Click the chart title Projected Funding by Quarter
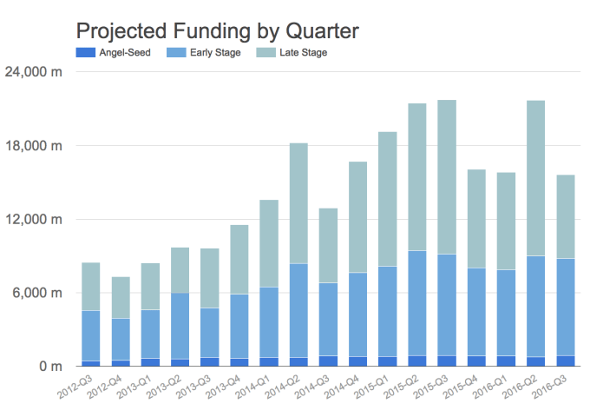(x=217, y=31)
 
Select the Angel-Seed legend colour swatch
(x=84, y=54)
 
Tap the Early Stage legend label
(x=217, y=54)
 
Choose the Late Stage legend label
(x=304, y=54)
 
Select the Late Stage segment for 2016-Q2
(x=535, y=178)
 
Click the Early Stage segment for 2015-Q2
(x=417, y=303)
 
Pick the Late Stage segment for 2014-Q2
(x=298, y=203)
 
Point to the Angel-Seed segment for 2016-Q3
(x=565, y=361)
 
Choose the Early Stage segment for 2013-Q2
(x=180, y=326)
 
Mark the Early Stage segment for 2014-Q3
(x=328, y=319)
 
